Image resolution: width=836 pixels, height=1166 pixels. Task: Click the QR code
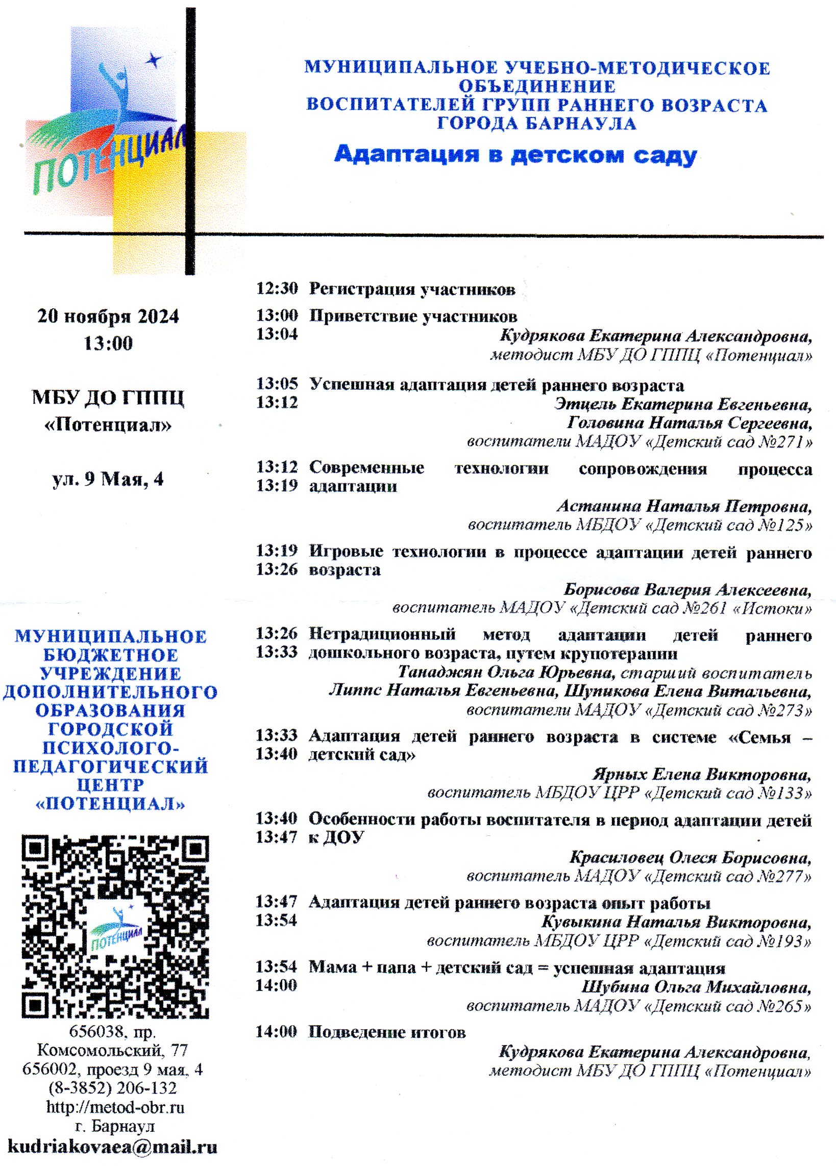point(115,926)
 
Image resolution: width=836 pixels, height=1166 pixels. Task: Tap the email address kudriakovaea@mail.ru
point(112,1146)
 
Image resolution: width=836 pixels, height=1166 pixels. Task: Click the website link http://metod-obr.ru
point(115,1106)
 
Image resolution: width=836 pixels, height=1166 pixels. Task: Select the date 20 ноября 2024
point(108,316)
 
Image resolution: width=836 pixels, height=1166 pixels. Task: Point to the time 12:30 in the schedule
point(277,288)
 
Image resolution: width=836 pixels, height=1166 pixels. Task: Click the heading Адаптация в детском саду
point(515,154)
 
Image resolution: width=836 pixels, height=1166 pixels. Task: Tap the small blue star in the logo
point(153,61)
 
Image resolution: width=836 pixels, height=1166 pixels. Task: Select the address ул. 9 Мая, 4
point(108,479)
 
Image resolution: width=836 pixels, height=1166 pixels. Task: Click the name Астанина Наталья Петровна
point(684,506)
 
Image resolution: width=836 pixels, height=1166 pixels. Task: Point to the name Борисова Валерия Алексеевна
point(687,589)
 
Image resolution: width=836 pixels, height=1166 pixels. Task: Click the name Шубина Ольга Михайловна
point(696,987)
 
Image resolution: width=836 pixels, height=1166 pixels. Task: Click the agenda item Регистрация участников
point(412,289)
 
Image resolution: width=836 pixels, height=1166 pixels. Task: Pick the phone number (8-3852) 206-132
point(113,1088)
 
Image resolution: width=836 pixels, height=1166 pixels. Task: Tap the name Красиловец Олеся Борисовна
point(690,858)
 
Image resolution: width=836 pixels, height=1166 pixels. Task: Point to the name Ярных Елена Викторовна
point(702,774)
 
